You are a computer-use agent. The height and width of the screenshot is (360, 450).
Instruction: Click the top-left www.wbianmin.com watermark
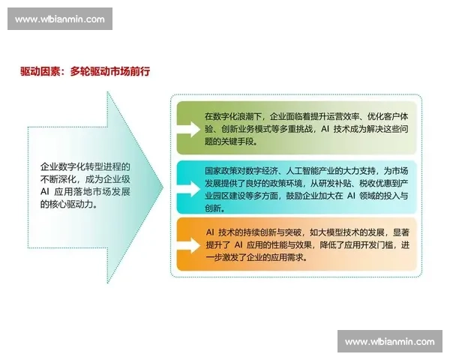(x=60, y=19)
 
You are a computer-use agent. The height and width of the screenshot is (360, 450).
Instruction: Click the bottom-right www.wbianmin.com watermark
(x=389, y=342)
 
